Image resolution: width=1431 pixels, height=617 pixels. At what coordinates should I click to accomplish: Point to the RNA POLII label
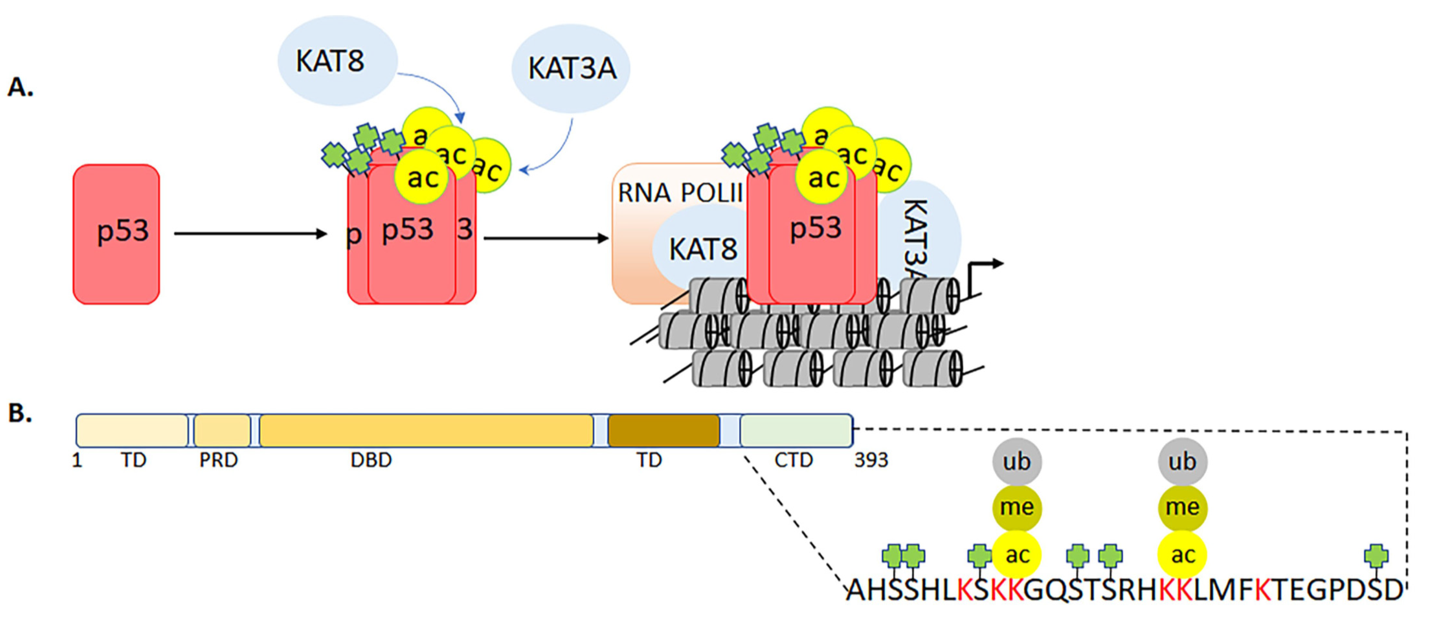tap(680, 193)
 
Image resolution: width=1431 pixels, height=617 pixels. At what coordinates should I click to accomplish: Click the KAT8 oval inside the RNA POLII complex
tap(702, 249)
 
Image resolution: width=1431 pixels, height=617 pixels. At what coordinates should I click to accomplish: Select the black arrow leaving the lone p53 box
tap(250, 234)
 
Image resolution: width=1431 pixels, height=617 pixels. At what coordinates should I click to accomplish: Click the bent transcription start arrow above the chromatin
tap(983, 272)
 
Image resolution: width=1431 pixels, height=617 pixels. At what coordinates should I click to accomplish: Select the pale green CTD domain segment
tap(796, 431)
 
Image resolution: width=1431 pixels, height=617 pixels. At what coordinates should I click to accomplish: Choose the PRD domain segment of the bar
tap(221, 431)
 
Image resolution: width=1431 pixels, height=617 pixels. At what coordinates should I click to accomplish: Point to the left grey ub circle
tap(1016, 462)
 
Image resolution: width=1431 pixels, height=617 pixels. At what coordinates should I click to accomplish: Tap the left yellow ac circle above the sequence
tap(1016, 554)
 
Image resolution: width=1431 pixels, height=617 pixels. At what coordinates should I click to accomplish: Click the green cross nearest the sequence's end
tap(1376, 555)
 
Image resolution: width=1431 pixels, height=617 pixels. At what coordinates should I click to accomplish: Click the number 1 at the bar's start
tap(77, 460)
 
